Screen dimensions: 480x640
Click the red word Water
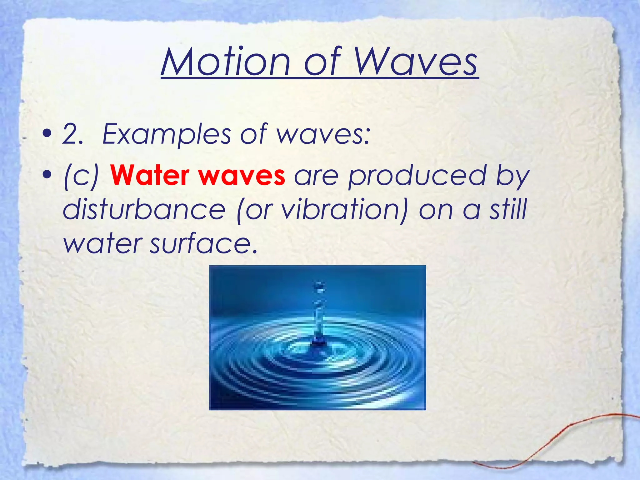pyautogui.click(x=150, y=176)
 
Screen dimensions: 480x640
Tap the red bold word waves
pyautogui.click(x=242, y=176)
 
